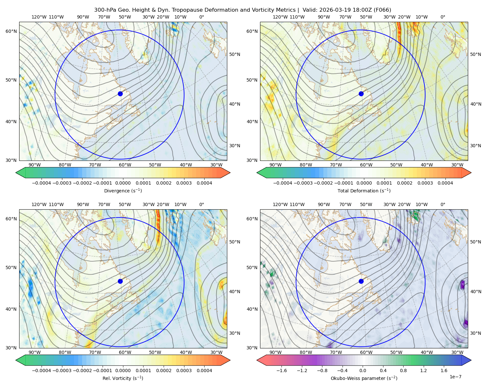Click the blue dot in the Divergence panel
tap(120, 94)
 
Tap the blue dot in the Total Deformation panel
tap(361, 94)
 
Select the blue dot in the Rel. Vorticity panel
tap(120, 281)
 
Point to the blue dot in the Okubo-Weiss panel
tap(361, 281)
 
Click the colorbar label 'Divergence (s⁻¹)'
tap(123, 190)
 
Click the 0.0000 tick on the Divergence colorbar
tap(123, 183)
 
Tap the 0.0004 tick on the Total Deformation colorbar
tap(445, 183)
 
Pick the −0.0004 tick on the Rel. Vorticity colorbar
tap(42, 370)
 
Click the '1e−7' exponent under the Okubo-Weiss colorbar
tap(455, 377)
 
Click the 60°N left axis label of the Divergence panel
tap(11, 31)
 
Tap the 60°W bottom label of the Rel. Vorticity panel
tap(125, 352)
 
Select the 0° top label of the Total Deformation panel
tap(443, 17)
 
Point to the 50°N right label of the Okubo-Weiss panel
tap(475, 242)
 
